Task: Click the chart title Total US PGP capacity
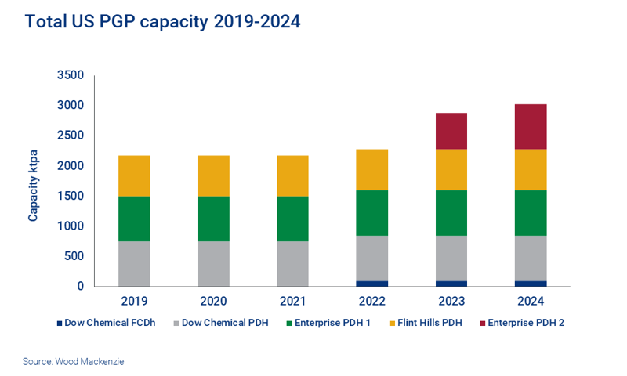tap(162, 22)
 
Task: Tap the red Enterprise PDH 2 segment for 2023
tap(451, 131)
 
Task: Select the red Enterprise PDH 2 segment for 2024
tap(531, 126)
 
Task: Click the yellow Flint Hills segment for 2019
tap(134, 175)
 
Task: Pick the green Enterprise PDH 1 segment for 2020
tap(213, 219)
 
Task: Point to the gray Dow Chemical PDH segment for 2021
tap(292, 263)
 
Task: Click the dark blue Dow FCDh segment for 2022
tap(371, 283)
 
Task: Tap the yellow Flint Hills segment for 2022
tap(371, 169)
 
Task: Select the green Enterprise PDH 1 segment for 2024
tap(531, 212)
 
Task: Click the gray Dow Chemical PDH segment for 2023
tap(451, 258)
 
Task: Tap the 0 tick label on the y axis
tap(79, 287)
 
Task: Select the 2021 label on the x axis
tap(292, 301)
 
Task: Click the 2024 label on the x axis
tap(531, 301)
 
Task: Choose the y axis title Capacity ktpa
tap(34, 181)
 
